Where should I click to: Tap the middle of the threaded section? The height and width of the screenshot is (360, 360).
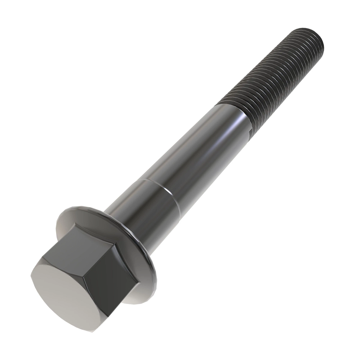270,81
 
